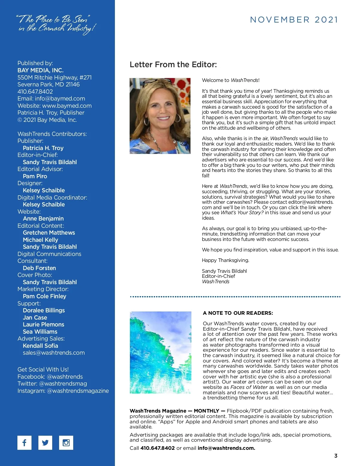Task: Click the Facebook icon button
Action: point(24,443)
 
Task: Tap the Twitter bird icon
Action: point(45,443)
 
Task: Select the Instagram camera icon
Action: point(66,443)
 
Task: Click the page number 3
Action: point(336,456)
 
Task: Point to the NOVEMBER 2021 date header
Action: point(294,20)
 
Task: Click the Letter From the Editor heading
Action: point(173,65)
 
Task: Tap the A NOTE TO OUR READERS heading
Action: point(238,313)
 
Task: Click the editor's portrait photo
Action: point(160,116)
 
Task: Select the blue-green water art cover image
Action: point(160,353)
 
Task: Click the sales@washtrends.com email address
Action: point(54,353)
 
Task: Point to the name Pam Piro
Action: point(35,176)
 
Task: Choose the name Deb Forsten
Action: point(39,268)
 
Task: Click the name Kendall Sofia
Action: point(40,346)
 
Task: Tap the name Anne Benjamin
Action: point(43,218)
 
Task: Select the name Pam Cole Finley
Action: point(44,296)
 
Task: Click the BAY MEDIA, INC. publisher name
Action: point(40,70)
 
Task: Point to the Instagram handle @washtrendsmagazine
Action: point(78,391)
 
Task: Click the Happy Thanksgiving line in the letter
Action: point(226,260)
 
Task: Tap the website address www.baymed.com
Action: point(67,106)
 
